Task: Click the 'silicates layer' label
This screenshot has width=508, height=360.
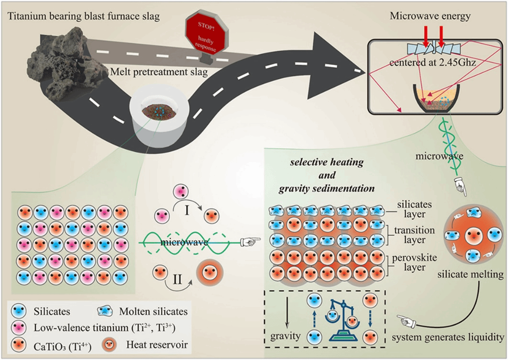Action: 414,209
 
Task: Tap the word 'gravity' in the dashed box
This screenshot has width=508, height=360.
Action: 287,336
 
